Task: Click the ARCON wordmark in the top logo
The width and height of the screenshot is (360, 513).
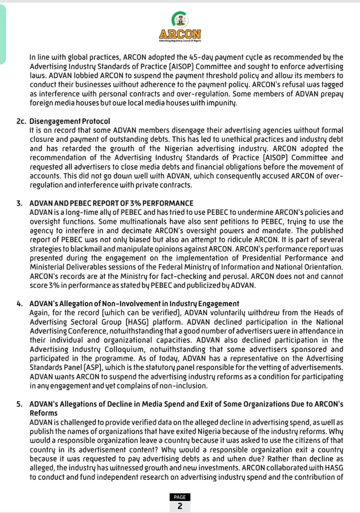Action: click(180, 34)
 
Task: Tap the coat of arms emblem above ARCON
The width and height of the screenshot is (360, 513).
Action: click(180, 19)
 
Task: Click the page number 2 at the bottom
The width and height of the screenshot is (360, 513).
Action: click(180, 506)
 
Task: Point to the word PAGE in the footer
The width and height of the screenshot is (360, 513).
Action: click(180, 497)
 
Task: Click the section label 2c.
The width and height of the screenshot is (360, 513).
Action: click(21, 121)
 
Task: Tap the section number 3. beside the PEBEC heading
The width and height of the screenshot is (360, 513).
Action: click(20, 203)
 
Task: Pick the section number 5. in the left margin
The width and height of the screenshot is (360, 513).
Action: click(20, 404)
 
